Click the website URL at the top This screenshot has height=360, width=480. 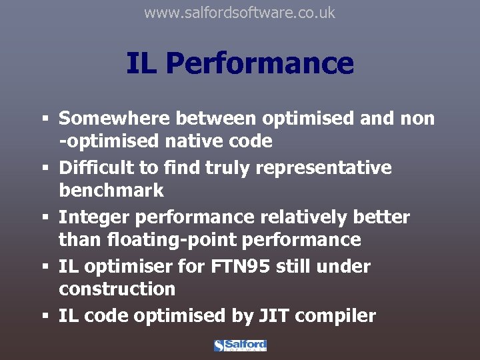point(240,13)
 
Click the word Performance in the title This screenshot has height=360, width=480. point(260,64)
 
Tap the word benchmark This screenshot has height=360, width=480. point(111,191)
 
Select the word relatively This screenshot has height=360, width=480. point(312,217)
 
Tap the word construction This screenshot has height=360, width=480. point(117,289)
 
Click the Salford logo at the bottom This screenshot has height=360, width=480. point(240,345)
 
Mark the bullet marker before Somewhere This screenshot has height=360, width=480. point(45,119)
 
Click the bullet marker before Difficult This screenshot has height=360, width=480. point(45,169)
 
